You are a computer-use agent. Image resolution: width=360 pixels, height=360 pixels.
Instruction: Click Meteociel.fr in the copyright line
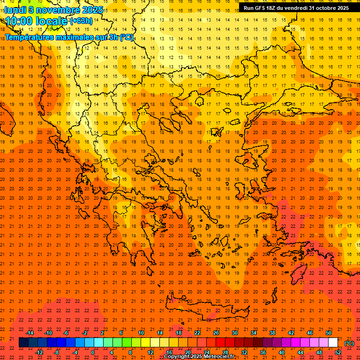click(x=219, y=357)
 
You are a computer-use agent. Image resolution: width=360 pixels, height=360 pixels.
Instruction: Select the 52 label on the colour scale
click(x=338, y=352)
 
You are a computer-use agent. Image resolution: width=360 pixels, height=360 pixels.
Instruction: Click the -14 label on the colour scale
click(x=30, y=333)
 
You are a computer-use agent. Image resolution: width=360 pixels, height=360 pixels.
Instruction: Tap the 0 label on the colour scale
click(x=93, y=352)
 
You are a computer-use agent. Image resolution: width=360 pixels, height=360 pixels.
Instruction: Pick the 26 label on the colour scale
click(x=216, y=333)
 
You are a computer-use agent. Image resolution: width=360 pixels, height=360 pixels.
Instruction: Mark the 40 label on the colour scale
click(x=282, y=352)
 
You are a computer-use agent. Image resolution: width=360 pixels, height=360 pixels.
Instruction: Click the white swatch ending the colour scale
click(x=333, y=343)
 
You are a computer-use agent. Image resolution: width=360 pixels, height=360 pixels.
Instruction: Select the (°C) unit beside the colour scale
click(x=349, y=343)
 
